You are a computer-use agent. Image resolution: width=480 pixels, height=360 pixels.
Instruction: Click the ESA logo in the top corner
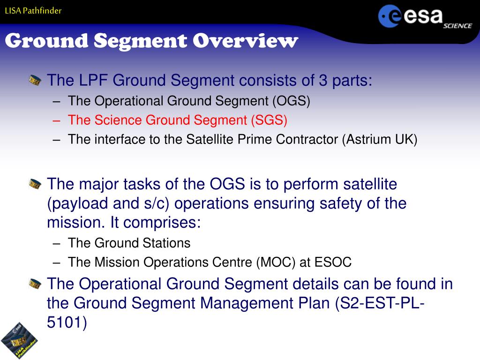[425, 17]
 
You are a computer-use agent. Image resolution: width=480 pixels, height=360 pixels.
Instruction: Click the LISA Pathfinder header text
[33, 11]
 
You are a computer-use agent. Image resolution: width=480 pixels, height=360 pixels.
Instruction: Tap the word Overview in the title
[245, 41]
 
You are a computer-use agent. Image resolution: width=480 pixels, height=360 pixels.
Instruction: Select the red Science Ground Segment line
[178, 120]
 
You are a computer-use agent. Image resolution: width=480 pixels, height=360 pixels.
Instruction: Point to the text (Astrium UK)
[380, 139]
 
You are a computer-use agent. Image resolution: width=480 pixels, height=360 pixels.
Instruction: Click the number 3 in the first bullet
[323, 80]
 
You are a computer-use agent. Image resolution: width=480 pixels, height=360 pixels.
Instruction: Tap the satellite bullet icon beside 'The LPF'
[35, 81]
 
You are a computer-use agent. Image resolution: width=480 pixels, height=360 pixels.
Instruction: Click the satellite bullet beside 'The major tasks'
[35, 184]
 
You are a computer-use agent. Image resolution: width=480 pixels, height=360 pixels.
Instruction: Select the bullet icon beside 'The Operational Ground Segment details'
[35, 284]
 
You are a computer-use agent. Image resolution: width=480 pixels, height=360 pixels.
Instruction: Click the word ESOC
[333, 262]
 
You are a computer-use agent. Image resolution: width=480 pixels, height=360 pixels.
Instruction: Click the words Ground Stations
[142, 243]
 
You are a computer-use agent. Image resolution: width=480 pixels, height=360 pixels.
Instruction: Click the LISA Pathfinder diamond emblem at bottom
[19, 340]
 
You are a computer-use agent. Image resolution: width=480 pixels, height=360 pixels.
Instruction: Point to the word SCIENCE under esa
[457, 26]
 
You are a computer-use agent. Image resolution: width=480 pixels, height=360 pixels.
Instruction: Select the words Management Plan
[265, 303]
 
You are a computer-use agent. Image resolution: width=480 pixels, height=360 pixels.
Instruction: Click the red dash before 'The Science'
[56, 120]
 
